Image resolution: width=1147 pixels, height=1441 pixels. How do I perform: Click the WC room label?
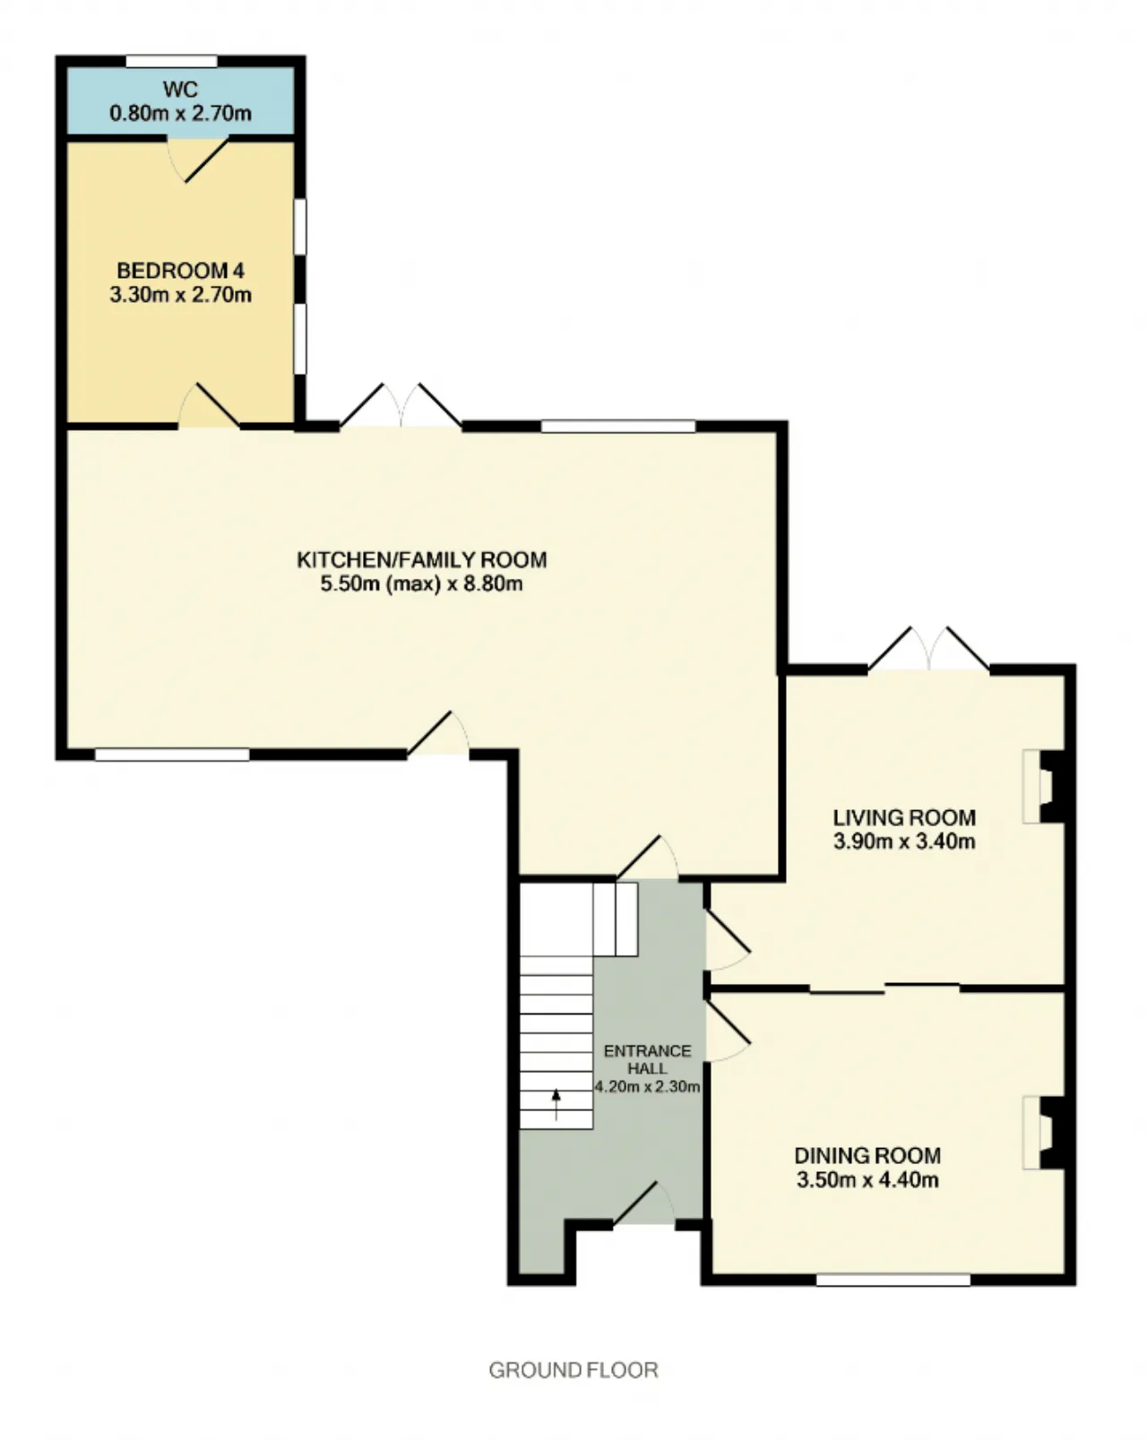(181, 89)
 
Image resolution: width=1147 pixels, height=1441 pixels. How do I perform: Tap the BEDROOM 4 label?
(180, 271)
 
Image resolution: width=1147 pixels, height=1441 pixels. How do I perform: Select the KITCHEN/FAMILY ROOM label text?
(422, 560)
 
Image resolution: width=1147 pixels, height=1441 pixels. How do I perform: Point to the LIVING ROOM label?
(904, 817)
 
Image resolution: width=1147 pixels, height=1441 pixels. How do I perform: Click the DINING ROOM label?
(867, 1155)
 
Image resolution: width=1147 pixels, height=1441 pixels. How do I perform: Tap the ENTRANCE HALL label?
(647, 1059)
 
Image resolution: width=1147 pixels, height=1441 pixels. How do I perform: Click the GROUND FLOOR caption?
(573, 1370)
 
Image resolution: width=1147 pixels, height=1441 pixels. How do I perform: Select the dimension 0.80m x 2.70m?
(181, 113)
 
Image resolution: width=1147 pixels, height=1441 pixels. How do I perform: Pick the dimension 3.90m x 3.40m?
(904, 841)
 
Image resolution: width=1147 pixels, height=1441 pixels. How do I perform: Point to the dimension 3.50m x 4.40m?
(867, 1179)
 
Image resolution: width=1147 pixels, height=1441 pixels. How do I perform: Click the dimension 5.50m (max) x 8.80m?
(422, 584)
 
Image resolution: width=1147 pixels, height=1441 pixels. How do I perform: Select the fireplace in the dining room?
(1043, 1132)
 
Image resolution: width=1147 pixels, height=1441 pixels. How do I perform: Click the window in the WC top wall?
(172, 62)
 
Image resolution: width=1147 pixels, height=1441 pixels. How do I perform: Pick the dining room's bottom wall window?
(893, 1281)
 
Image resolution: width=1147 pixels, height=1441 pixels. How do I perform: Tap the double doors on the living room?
(928, 648)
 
